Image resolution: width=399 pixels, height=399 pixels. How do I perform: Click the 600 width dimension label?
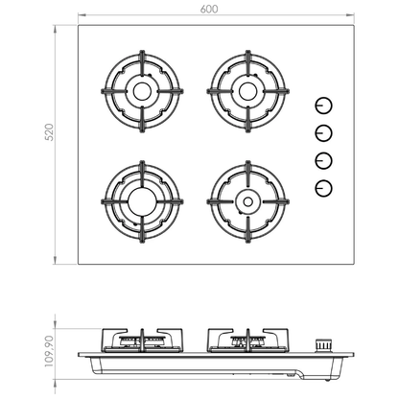209,9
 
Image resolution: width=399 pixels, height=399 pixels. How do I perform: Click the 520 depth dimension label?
50,132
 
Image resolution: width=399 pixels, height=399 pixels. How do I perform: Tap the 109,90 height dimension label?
49,351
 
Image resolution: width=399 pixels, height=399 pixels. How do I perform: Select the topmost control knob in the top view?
323,106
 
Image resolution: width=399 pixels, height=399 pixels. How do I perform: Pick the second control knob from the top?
323,133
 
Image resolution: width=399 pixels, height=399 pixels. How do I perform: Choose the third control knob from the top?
323,161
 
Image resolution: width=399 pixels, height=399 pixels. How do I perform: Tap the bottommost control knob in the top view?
323,188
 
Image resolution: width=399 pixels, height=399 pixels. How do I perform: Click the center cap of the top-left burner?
142,92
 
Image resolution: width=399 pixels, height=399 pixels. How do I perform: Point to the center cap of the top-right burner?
248,91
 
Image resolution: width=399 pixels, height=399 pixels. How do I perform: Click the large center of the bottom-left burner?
142,201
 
